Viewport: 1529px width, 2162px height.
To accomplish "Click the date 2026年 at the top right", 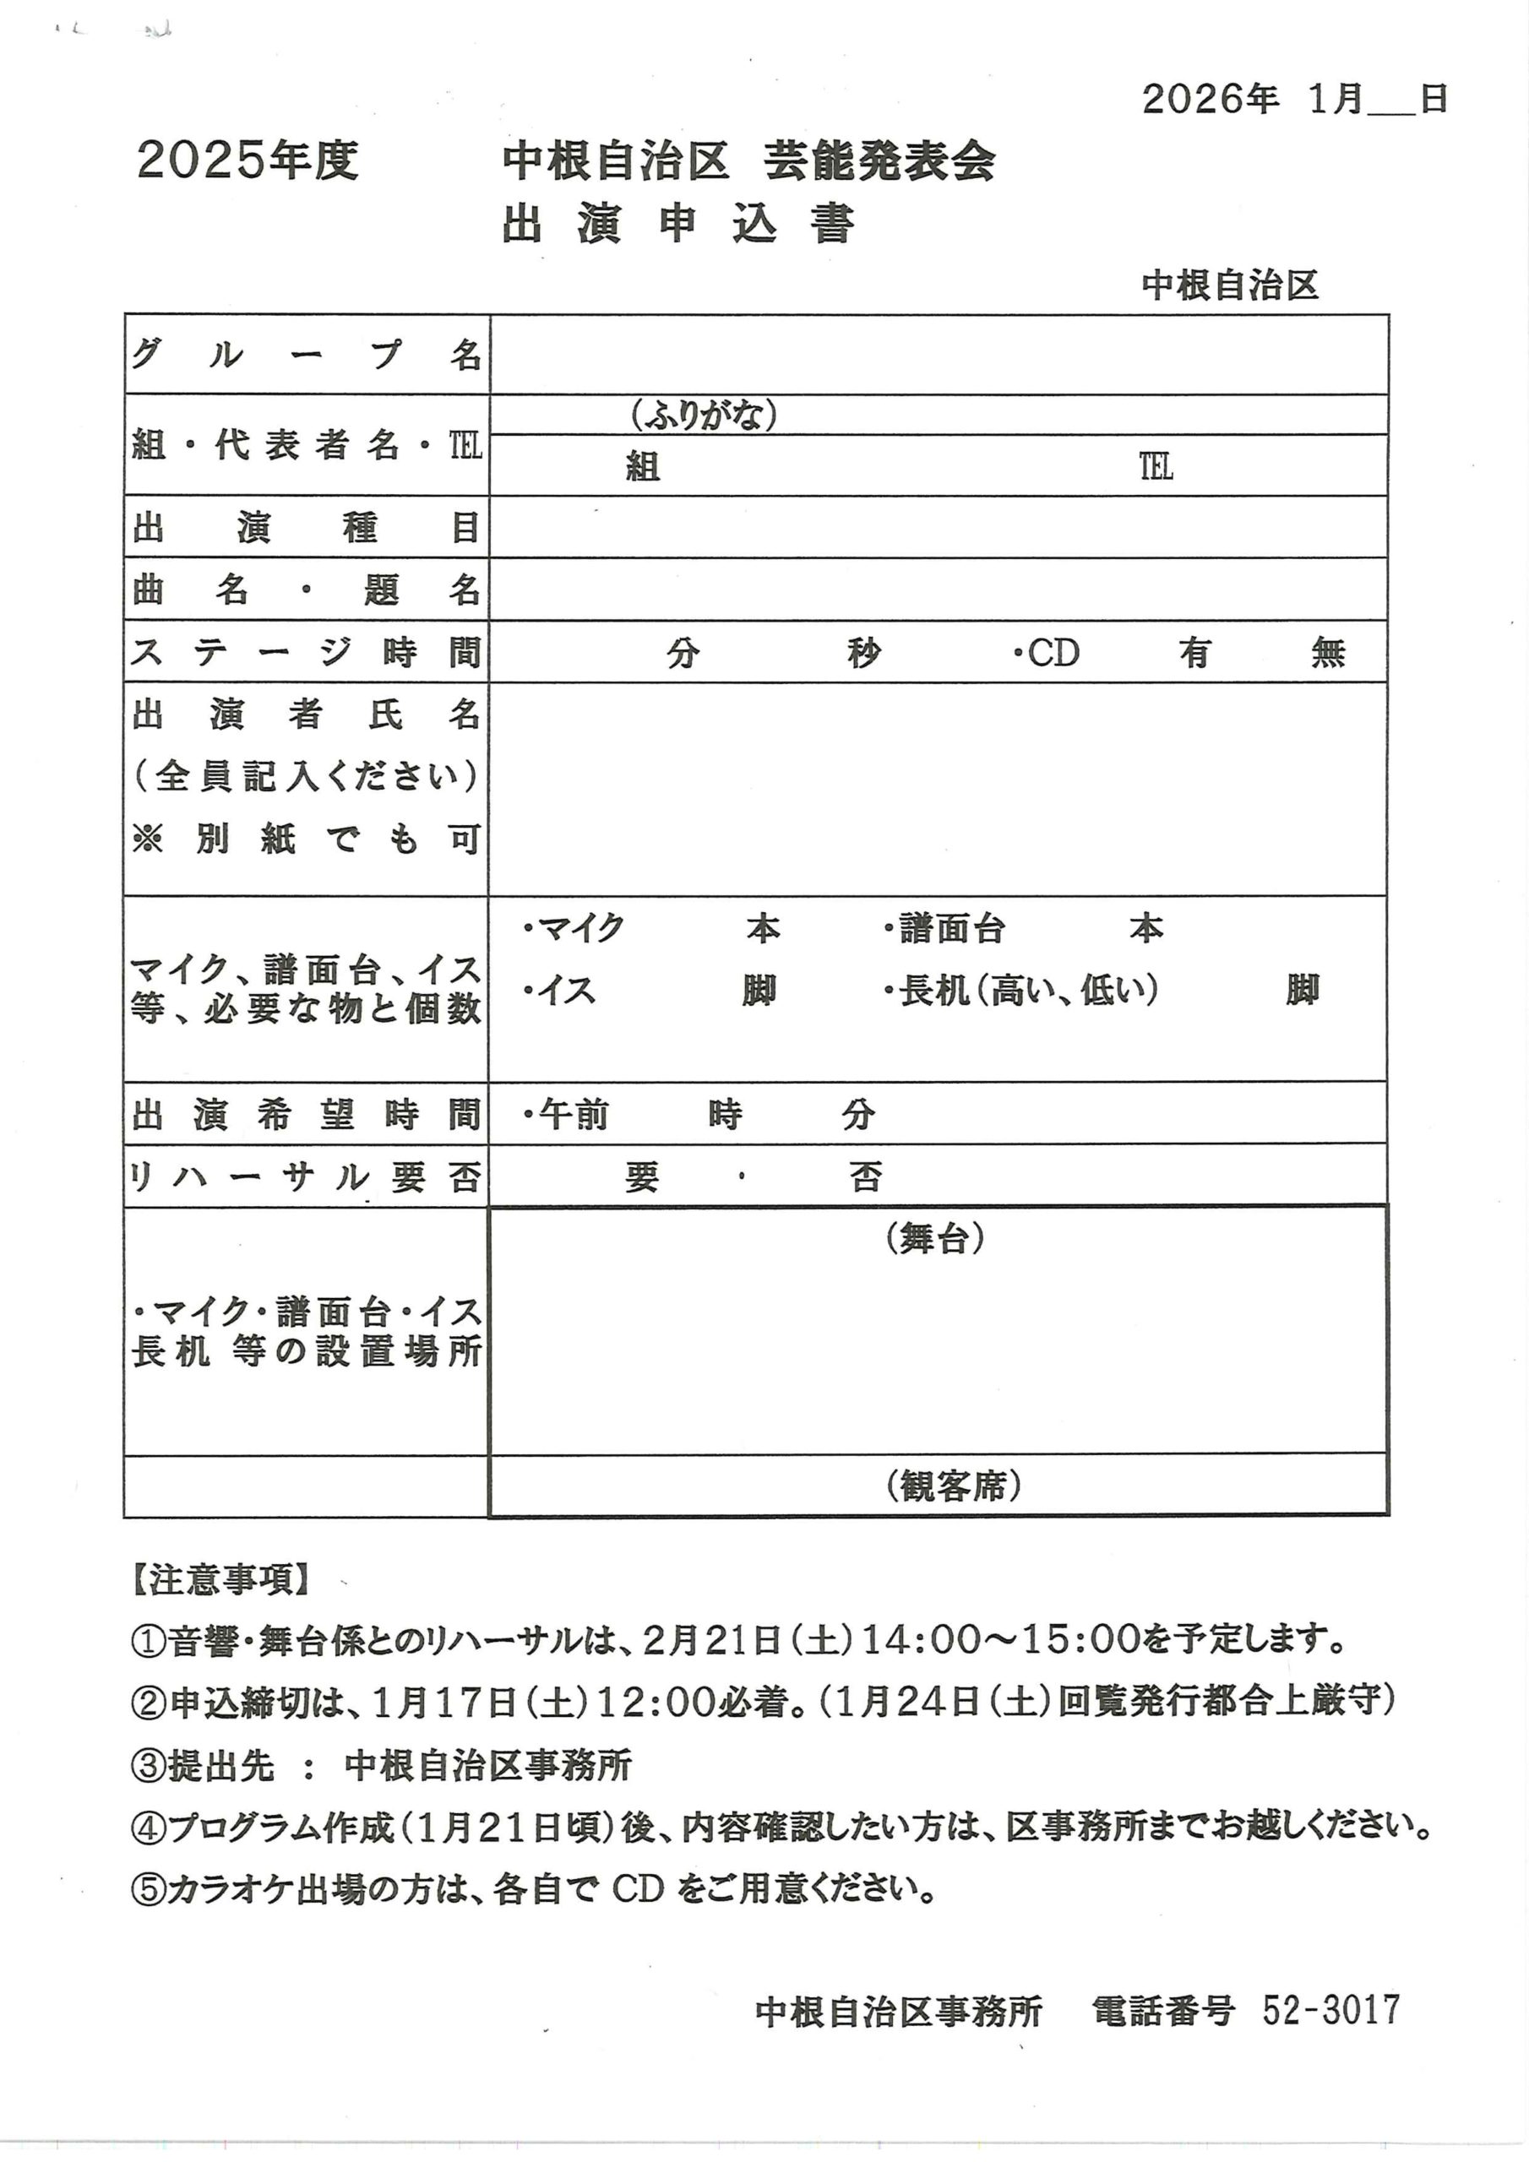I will [x=1210, y=98].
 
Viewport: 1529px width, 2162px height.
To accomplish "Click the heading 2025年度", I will [x=248, y=160].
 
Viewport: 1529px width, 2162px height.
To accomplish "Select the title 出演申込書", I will [x=677, y=223].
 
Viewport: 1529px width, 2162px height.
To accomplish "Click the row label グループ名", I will [x=306, y=355].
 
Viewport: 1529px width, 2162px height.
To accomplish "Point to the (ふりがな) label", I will [x=704, y=415].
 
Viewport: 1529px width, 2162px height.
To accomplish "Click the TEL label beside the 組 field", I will [x=1156, y=466].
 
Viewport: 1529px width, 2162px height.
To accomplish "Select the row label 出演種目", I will [x=306, y=527].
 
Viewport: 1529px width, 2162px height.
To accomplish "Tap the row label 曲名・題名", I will [x=306, y=589].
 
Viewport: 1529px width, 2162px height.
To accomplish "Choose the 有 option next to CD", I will [x=1194, y=652].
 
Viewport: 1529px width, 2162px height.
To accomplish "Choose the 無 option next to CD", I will [x=1327, y=652].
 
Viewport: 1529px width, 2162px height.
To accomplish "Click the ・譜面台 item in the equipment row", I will [x=945, y=929].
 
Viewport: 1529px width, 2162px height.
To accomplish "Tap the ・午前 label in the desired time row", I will [x=566, y=1115].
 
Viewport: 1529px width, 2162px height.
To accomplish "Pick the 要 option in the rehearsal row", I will [x=641, y=1177].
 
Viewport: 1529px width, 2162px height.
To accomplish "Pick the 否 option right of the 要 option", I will [x=865, y=1177].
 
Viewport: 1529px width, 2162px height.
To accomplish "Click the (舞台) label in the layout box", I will [x=934, y=1239].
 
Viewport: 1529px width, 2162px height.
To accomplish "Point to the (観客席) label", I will [x=954, y=1486].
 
